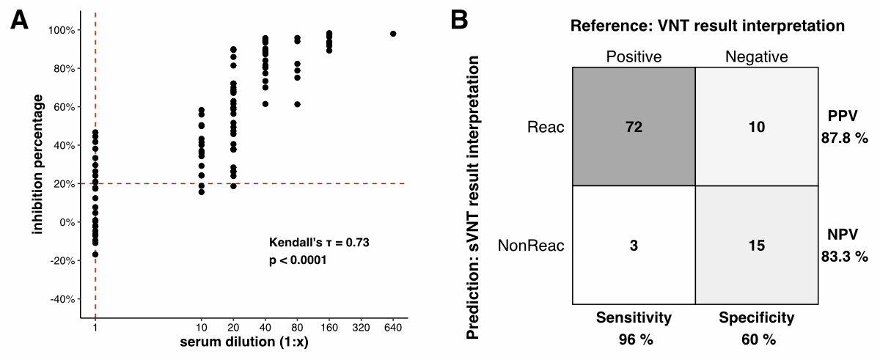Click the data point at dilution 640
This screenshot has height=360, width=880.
[393, 34]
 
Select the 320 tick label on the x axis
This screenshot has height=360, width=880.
[360, 326]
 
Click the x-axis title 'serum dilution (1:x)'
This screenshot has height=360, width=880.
[243, 342]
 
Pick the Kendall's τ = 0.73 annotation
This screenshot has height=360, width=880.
[323, 241]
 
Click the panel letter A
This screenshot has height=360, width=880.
[20, 21]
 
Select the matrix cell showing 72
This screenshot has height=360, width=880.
[634, 127]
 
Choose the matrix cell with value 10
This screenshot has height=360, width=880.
[756, 127]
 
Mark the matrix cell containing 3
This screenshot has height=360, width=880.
[634, 245]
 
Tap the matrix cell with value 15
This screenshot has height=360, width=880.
[756, 245]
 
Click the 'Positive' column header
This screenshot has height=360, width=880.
[634, 56]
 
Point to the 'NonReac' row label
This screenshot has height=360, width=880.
[531, 245]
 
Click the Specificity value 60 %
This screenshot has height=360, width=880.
[756, 339]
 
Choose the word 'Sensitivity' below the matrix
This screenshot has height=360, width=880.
[634, 317]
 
